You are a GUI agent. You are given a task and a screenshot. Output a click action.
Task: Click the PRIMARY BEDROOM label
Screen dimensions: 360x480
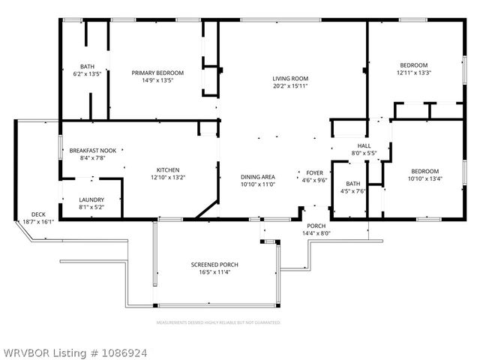coord(157,73)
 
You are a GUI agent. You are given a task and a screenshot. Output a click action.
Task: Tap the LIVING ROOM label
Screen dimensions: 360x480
coord(290,78)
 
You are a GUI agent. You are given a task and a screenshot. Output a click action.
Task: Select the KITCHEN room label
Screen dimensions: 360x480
coord(167,169)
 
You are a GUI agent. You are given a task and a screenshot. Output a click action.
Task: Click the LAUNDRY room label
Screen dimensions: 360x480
coord(91,199)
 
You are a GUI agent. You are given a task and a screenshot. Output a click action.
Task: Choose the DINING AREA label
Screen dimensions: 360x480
coord(258,176)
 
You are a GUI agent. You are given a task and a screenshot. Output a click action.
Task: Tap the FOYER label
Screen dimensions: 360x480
coord(314,172)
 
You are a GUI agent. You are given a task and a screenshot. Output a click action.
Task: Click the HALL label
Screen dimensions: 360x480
coord(364,145)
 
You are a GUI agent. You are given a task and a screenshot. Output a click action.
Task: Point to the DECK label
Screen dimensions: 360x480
coord(37,214)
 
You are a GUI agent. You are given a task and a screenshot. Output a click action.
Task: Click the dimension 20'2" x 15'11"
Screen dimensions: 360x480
coord(290,85)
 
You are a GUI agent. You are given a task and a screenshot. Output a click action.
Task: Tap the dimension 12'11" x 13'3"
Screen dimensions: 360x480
coord(413,73)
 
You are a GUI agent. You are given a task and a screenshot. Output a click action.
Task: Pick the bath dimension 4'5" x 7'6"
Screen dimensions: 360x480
coord(352,190)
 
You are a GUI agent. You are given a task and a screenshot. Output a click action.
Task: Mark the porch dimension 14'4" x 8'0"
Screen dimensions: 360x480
coord(316,233)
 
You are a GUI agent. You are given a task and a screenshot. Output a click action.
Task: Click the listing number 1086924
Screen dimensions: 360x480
coord(120,351)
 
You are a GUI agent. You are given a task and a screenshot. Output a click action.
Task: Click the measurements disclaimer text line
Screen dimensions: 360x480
coord(218,322)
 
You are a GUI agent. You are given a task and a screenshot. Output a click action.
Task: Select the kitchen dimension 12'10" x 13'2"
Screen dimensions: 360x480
coord(167,177)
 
